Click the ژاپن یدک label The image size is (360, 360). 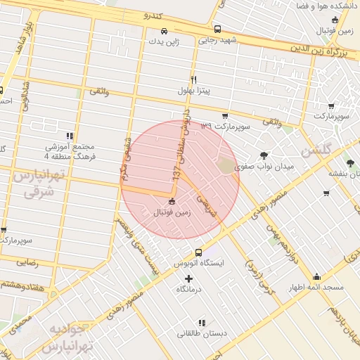tap(163, 41)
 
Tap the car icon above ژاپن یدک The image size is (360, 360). tap(164, 31)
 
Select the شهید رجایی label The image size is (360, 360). tap(217, 40)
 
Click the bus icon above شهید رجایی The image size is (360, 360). tap(217, 30)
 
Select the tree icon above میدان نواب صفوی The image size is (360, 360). tap(264, 155)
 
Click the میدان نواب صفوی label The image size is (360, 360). tap(262, 167)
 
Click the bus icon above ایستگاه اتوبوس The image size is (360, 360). tap(198, 252)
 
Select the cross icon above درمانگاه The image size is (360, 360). tap(188, 278)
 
